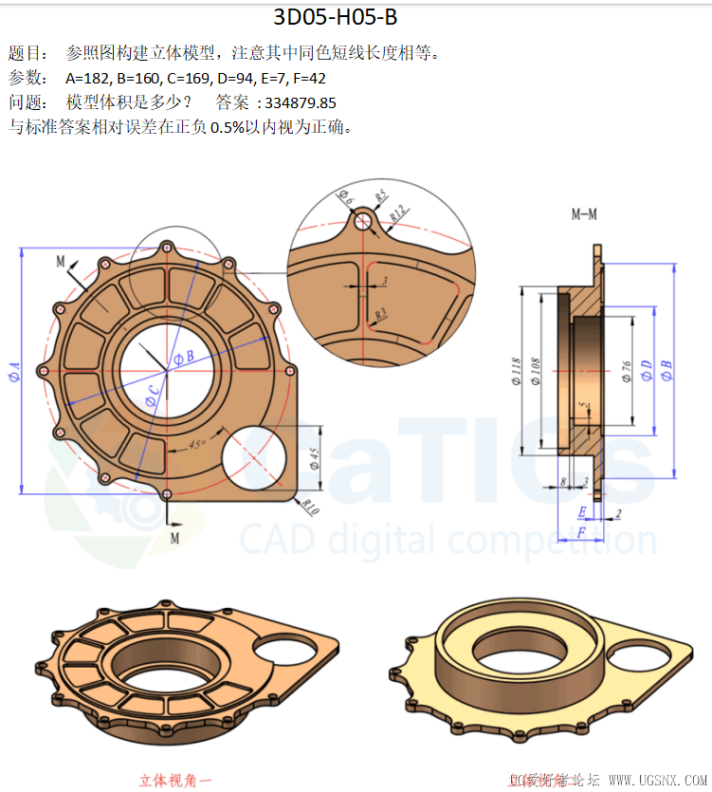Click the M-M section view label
(584, 214)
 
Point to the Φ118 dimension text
(517, 370)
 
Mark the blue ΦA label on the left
(13, 369)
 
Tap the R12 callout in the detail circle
(398, 214)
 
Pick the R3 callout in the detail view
(381, 313)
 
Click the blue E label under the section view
(582, 513)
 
